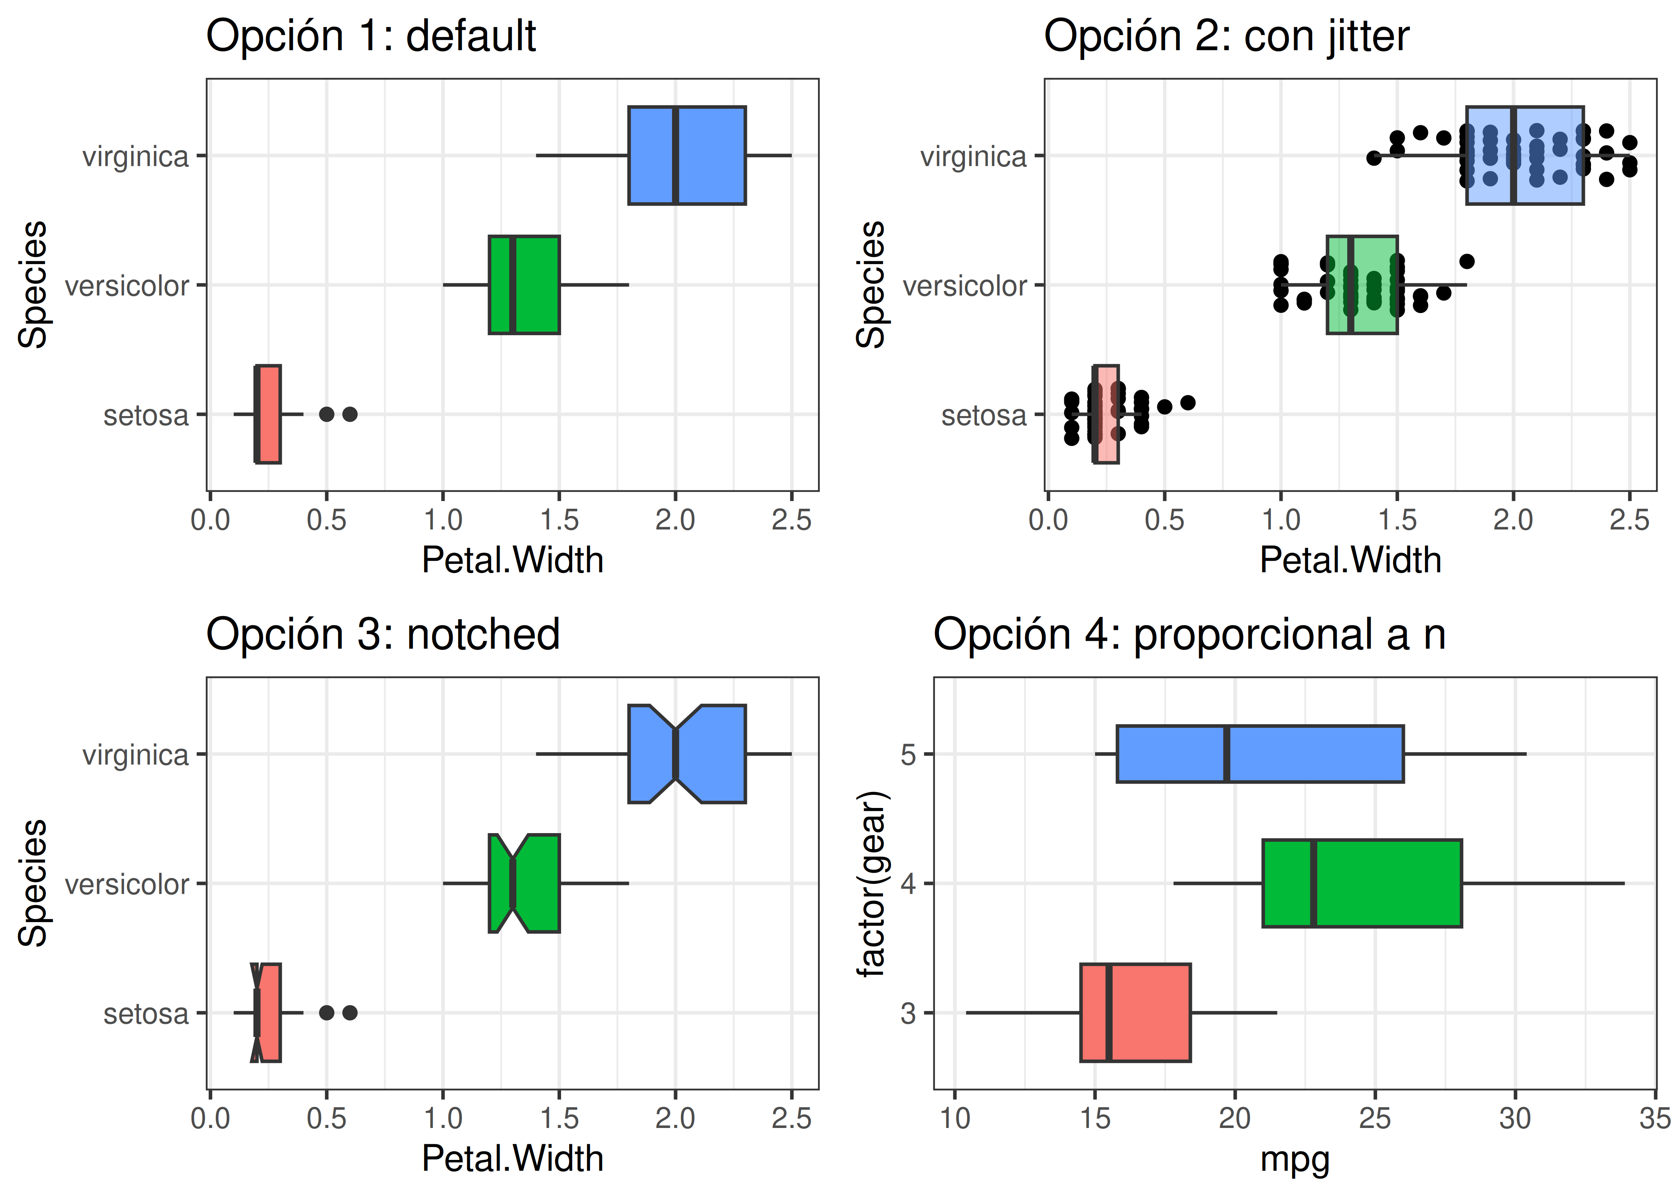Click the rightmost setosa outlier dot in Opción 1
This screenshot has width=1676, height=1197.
tap(350, 414)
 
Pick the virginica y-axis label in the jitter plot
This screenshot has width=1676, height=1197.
tap(973, 157)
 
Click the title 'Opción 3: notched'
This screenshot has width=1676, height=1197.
tap(383, 634)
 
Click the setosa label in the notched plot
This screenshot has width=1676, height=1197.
tap(146, 1014)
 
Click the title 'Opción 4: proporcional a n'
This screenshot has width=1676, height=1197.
tap(1189, 634)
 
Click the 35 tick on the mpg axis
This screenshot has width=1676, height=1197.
tap(1654, 1119)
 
